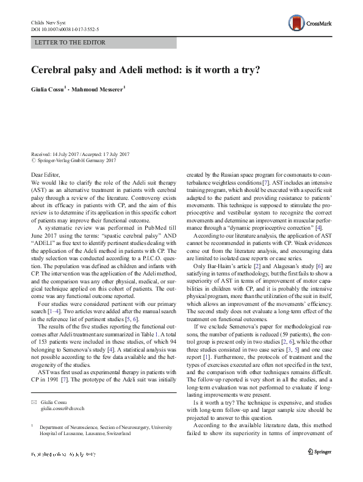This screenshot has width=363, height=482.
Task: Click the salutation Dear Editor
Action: point(46,175)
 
